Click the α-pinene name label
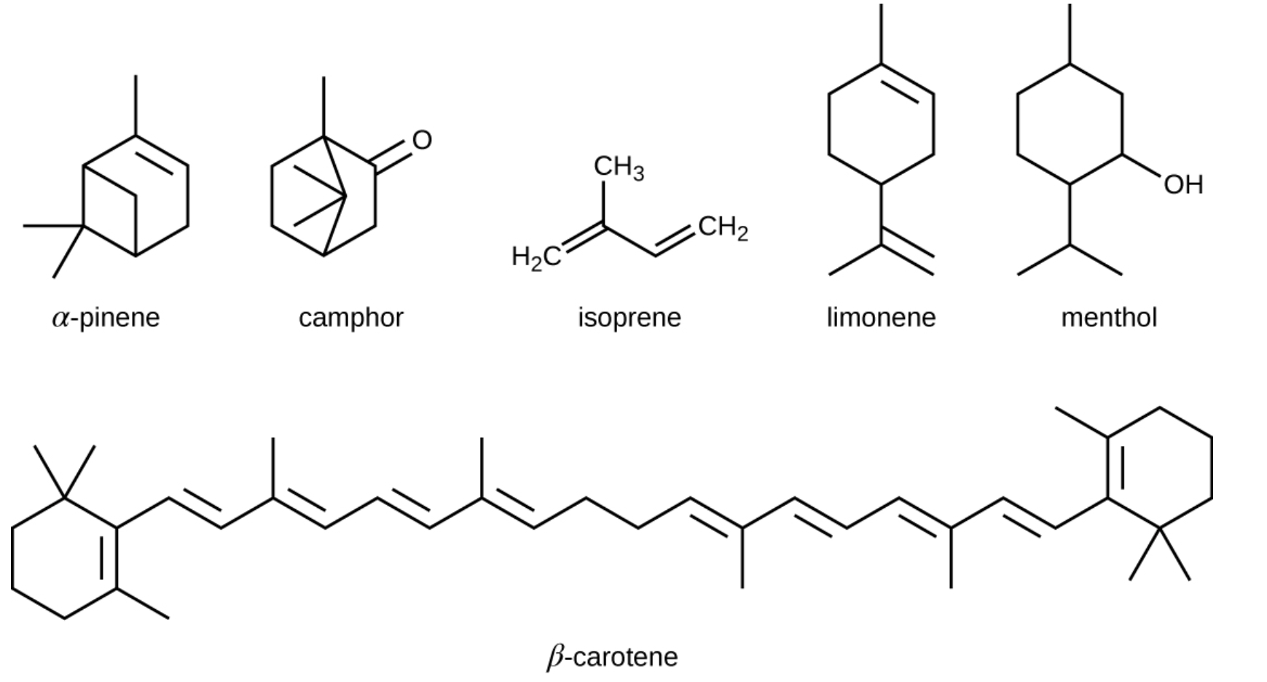point(106,318)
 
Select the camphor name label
point(350,318)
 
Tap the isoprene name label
point(629,318)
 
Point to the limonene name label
point(881,318)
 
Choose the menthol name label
point(1109,318)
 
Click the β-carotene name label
point(612,657)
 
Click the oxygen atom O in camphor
point(422,140)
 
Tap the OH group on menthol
point(1183,184)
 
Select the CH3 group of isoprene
point(619,168)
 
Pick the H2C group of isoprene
point(536,257)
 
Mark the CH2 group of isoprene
point(723,228)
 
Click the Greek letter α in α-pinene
point(60,319)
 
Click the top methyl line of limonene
point(882,34)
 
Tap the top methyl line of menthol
point(1070,34)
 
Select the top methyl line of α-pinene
point(136,106)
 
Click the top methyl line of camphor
point(324,106)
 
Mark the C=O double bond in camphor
point(394,155)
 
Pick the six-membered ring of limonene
point(829,124)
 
